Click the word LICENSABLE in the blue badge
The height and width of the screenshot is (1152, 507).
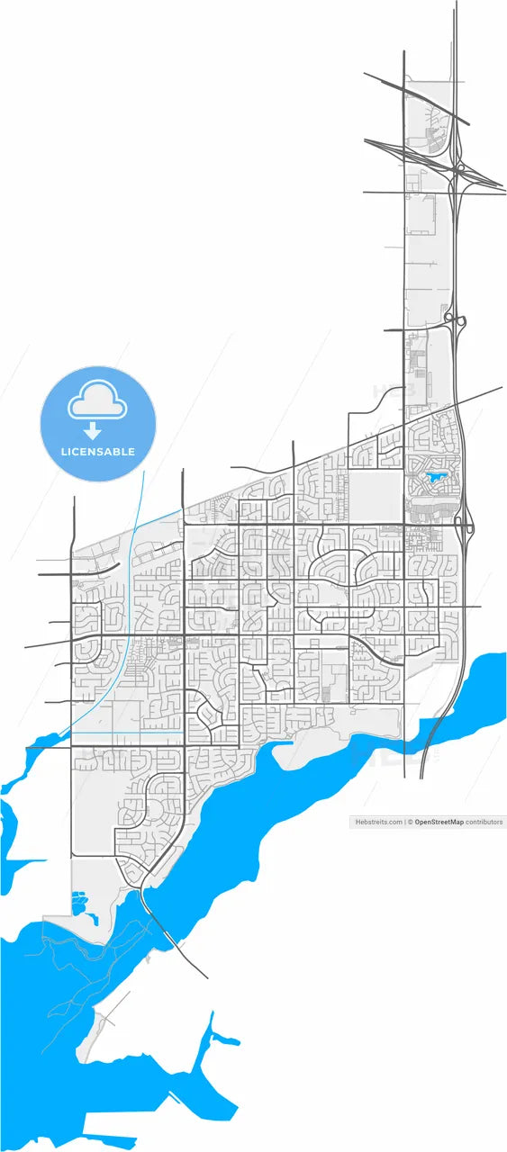tap(97, 451)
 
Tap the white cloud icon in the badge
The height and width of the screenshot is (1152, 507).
tap(97, 402)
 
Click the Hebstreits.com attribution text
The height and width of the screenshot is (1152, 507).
tap(379, 822)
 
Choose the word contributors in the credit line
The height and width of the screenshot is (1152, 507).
tap(485, 822)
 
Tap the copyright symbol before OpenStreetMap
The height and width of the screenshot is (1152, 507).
tap(410, 822)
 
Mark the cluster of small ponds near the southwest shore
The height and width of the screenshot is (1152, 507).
tap(81, 902)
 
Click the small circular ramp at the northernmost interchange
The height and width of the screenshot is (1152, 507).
tap(459, 167)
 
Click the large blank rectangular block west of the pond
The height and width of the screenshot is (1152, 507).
tap(376, 494)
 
